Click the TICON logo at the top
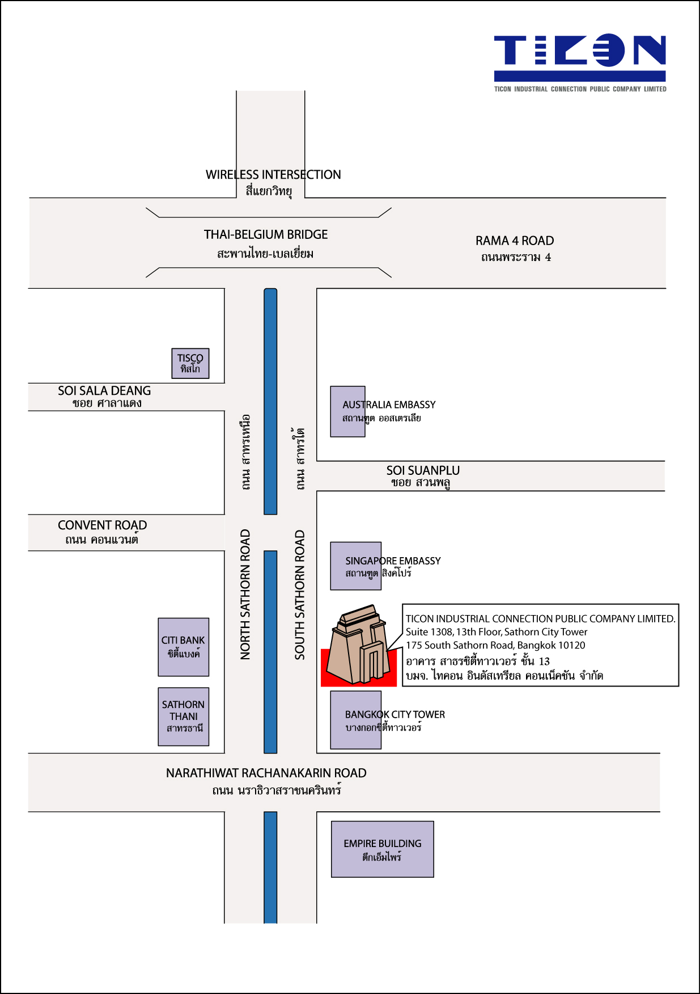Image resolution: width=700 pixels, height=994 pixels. coord(580,63)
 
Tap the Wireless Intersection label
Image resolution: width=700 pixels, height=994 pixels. coord(273,182)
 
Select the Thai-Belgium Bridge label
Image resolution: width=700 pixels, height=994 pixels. coord(265,243)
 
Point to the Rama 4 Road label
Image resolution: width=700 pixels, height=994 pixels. coord(515,248)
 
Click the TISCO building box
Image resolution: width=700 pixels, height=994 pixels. coord(190,363)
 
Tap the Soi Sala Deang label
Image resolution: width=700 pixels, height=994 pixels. coord(105,397)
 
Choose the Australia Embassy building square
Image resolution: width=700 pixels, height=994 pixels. coord(347,411)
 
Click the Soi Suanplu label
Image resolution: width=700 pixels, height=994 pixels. coord(422,476)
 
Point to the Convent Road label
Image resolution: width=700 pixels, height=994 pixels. coord(102,532)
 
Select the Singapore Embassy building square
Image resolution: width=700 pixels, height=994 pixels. coord(356,566)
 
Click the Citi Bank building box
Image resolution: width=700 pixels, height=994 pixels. coord(184,647)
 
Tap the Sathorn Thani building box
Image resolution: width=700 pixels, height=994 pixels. coord(184,717)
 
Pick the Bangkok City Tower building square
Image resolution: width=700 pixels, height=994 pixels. coord(356,720)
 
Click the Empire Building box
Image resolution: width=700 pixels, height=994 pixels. coord(383,849)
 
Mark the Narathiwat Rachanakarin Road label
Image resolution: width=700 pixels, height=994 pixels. coord(266,781)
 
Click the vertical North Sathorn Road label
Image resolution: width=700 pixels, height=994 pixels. coord(245,595)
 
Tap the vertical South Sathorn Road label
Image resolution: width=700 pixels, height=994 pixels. coord(300,595)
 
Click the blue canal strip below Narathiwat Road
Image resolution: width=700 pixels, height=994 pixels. coord(270,867)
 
